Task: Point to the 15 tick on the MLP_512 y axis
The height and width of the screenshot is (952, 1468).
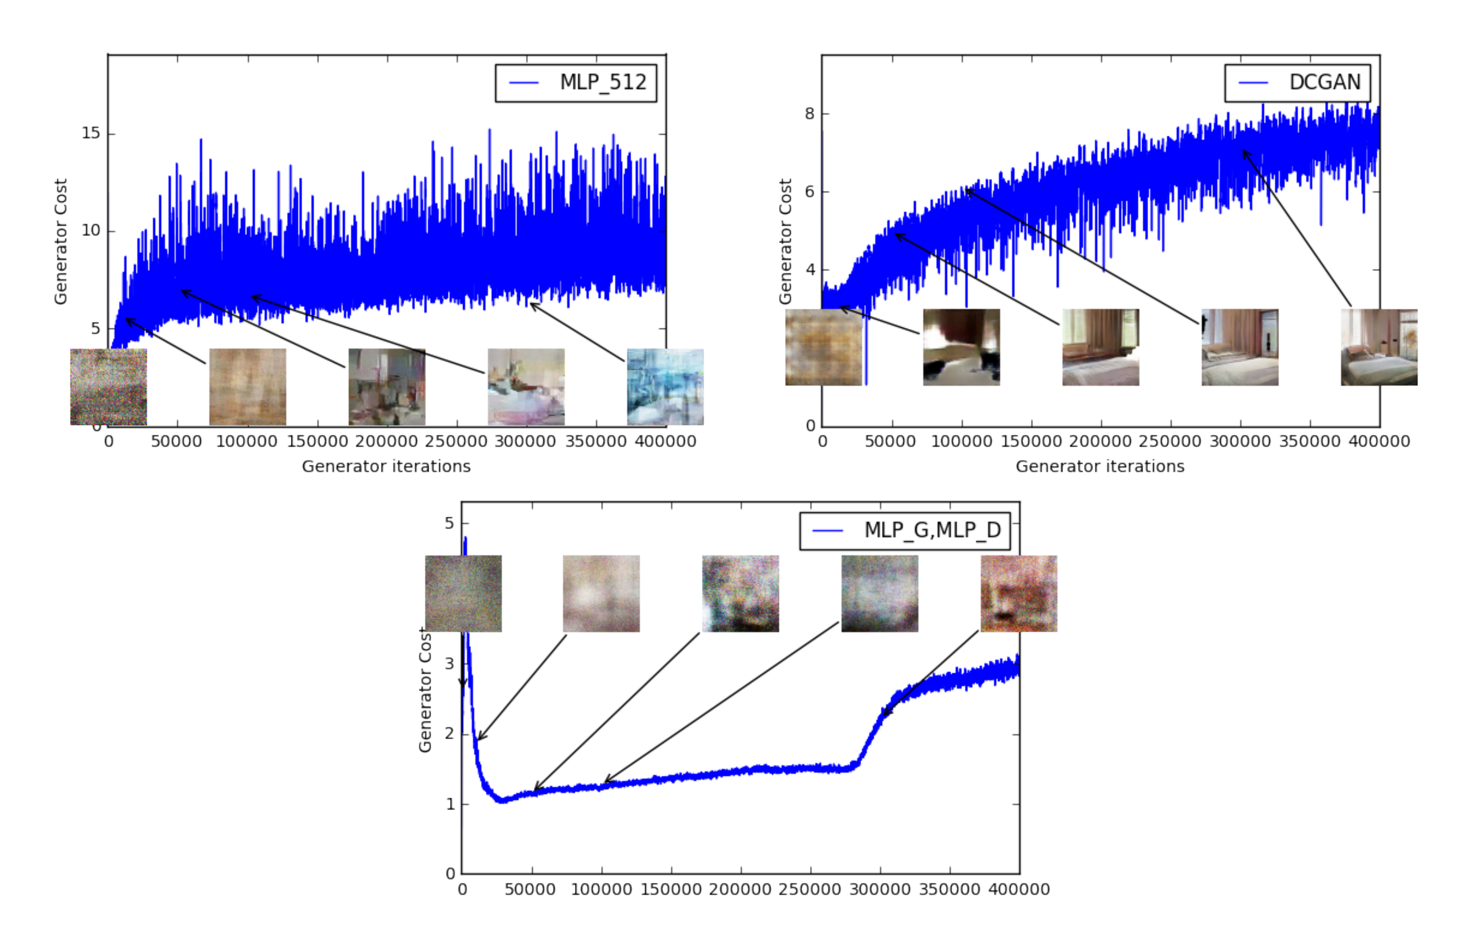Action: click(91, 133)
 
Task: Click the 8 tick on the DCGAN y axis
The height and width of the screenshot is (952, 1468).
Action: click(809, 114)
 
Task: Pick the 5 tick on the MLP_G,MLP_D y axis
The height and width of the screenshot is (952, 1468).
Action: click(449, 524)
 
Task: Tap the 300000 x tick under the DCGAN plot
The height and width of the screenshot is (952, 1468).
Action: click(1240, 442)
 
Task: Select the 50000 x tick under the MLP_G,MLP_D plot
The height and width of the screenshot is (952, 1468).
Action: click(530, 890)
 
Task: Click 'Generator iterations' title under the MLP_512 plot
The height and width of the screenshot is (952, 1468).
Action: click(386, 467)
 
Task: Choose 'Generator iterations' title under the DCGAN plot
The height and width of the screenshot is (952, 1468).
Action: click(1100, 467)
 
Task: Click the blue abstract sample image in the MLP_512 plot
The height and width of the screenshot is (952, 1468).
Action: click(665, 387)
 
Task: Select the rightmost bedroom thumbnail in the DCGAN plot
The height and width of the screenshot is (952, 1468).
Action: click(1379, 347)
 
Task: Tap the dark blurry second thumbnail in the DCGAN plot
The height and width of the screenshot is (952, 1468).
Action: click(961, 347)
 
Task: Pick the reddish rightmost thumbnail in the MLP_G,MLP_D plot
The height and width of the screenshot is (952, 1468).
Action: click(1018, 594)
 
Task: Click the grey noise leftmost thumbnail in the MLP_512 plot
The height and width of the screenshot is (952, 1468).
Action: click(109, 387)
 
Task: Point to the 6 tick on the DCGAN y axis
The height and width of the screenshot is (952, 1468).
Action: click(809, 192)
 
